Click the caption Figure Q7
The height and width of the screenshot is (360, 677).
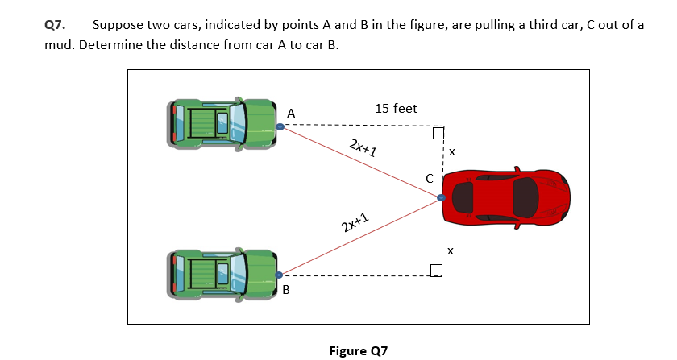(x=359, y=351)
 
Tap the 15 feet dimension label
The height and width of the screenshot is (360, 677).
(x=396, y=108)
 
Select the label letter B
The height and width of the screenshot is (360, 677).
(x=285, y=289)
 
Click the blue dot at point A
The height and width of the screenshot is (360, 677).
(x=280, y=126)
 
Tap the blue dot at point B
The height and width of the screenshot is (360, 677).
(x=280, y=275)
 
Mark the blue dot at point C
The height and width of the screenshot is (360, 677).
(x=441, y=197)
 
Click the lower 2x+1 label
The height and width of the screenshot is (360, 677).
(x=355, y=223)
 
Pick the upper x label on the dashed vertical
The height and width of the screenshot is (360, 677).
(x=452, y=151)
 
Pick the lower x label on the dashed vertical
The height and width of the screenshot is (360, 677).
(x=452, y=251)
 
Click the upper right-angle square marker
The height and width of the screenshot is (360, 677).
(x=437, y=132)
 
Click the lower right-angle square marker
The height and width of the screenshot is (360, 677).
(x=436, y=270)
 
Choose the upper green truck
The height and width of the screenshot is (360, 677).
(x=222, y=123)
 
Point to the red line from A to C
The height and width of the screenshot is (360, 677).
(x=359, y=162)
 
